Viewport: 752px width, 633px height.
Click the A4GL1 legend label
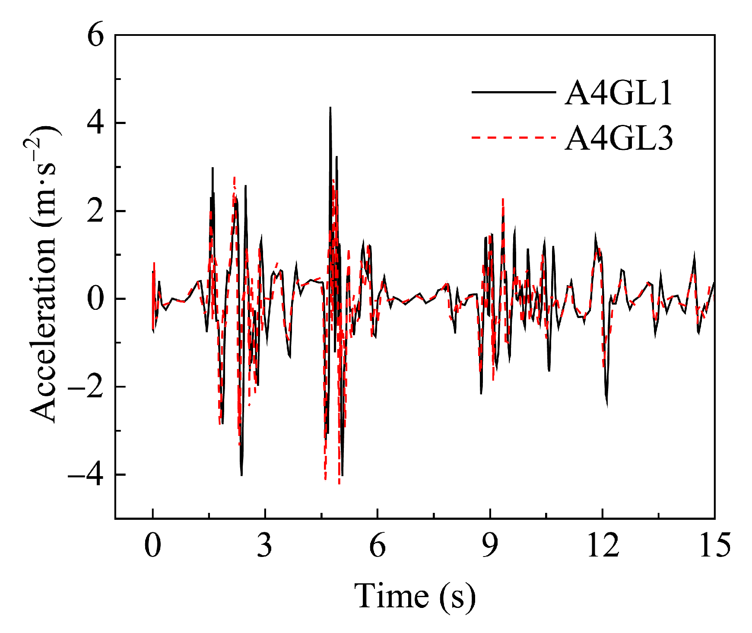pos(619,93)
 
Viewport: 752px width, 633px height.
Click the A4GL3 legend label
pos(619,139)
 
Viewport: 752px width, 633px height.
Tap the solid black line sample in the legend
pos(513,92)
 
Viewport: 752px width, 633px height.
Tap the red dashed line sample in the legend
pos(513,137)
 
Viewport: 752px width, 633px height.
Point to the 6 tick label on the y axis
pos(96,36)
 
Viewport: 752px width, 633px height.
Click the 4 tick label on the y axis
pos(96,124)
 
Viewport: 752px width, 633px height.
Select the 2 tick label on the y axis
pos(96,212)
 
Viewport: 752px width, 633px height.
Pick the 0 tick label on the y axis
pos(96,299)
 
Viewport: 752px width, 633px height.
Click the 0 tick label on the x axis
pos(152,545)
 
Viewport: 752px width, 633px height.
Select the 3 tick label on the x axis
pos(265,545)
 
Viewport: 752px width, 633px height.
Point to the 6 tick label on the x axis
pos(378,545)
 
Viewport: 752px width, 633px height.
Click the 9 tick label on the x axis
pos(490,545)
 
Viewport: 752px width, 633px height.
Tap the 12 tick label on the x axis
pos(603,545)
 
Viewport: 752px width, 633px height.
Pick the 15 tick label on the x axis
pos(715,545)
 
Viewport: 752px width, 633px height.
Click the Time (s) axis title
pos(415,596)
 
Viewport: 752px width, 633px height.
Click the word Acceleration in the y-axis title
pos(43,328)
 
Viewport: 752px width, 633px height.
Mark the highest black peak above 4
pos(330,108)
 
